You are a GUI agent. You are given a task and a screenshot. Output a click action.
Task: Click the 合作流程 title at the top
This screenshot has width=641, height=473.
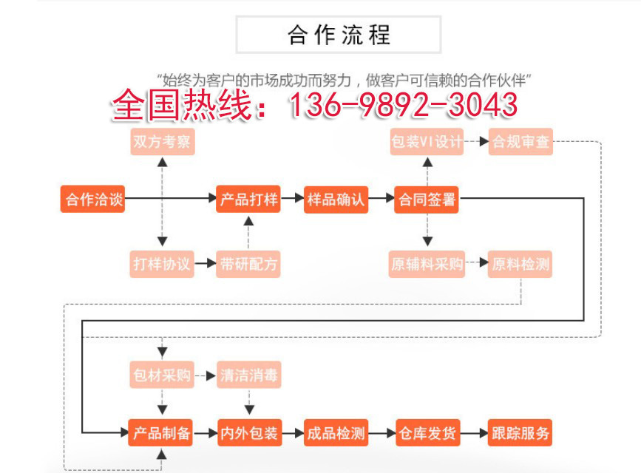tap(339, 35)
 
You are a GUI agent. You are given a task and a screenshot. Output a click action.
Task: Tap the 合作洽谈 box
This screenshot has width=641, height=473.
tap(92, 200)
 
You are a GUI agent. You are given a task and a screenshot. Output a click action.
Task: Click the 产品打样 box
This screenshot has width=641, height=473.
tap(248, 200)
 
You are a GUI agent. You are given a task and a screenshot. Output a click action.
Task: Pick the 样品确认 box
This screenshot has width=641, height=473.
tap(336, 200)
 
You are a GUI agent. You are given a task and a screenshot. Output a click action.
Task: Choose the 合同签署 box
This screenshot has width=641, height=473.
tap(427, 200)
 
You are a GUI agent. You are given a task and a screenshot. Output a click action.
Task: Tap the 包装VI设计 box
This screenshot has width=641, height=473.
tap(427, 141)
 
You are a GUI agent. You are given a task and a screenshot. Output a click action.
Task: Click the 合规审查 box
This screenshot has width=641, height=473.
tap(521, 141)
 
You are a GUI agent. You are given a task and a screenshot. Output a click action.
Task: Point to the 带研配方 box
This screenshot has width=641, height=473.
tap(248, 263)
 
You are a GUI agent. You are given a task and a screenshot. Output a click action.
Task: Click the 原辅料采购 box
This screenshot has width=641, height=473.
tap(427, 263)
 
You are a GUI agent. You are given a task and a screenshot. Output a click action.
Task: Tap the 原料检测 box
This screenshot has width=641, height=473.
tap(521, 263)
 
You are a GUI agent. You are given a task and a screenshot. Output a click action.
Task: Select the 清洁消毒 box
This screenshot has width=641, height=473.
tap(248, 375)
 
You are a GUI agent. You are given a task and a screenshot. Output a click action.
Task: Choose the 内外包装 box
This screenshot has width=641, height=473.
tap(248, 433)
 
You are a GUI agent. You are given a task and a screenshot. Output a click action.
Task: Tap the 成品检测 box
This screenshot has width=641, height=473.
tap(336, 433)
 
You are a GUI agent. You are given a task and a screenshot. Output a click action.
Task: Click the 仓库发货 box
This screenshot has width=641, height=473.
tap(427, 433)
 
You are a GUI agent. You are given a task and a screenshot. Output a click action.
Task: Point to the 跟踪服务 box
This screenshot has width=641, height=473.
tap(521, 433)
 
